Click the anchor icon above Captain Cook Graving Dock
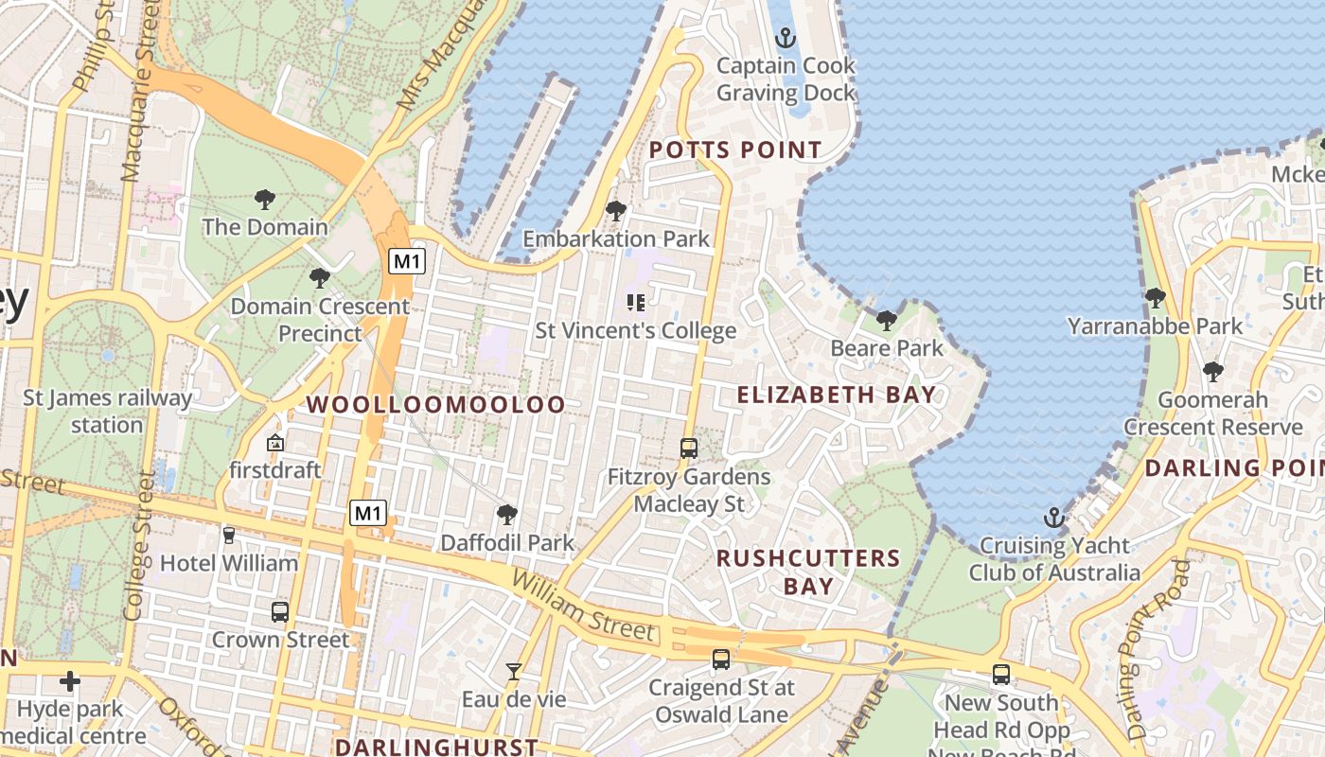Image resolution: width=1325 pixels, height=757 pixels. point(785,39)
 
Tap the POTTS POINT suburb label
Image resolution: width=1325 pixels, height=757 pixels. point(735,150)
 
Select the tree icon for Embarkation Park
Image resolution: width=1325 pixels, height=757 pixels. point(616,211)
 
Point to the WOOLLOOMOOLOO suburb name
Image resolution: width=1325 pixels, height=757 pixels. point(436,404)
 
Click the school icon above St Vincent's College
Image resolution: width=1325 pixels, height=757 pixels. point(636,303)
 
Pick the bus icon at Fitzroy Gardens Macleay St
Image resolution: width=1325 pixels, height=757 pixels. point(689,449)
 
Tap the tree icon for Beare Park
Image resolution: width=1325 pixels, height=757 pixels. point(887,320)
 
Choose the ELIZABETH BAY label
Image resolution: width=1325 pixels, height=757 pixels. point(837,395)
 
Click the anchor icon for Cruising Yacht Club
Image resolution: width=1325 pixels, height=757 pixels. point(1053,518)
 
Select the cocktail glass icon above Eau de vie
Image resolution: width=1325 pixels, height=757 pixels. point(514,672)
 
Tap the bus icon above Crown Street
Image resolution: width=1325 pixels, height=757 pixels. point(280,611)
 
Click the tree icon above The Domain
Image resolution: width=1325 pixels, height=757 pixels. point(265,200)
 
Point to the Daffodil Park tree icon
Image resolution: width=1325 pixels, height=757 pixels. point(507,515)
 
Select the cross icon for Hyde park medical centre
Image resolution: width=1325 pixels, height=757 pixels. point(70,681)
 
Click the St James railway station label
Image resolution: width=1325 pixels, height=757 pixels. point(107,411)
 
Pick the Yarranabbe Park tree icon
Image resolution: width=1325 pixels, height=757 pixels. point(1156,298)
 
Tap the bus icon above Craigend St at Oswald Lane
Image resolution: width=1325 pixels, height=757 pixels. point(721,659)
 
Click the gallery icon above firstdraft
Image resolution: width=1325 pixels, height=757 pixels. point(275,442)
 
